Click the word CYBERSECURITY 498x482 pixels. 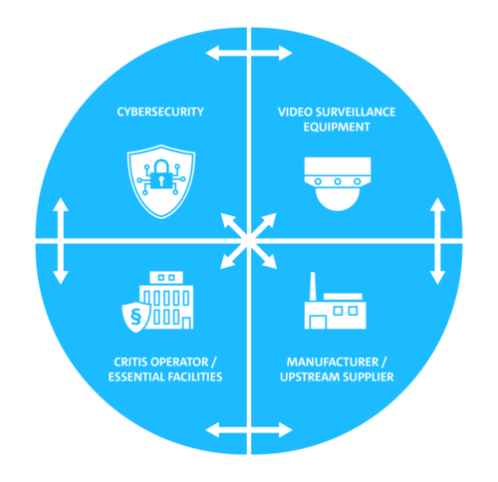(160, 112)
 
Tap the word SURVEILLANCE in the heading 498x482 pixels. (356, 112)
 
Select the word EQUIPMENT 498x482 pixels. (337, 126)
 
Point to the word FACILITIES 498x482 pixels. (195, 377)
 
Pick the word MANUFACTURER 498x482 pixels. (333, 361)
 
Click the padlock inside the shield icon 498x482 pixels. (161, 174)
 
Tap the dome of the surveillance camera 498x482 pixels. (338, 198)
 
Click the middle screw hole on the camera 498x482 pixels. (338, 181)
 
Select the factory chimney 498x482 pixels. (313, 287)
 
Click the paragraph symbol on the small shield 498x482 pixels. (135, 318)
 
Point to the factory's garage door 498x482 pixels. (318, 323)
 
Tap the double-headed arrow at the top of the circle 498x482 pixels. (249, 53)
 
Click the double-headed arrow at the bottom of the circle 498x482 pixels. (249, 430)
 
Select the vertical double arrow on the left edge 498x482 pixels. (61, 241)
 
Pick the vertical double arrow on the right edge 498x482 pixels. (437, 241)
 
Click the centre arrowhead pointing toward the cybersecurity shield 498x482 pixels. (228, 220)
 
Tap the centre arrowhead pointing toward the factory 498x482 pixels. (270, 262)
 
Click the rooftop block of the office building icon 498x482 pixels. (166, 278)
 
